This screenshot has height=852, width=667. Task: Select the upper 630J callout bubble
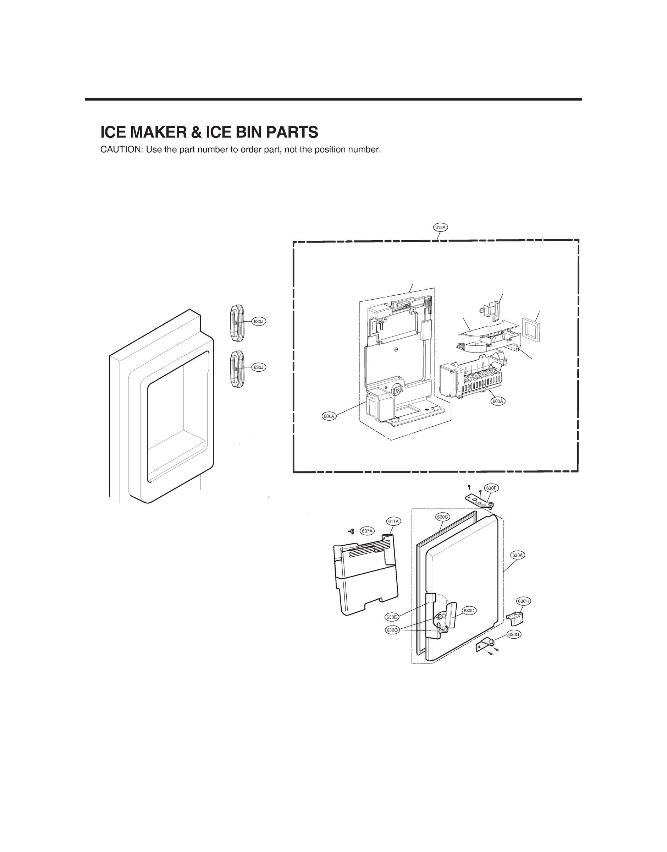259,322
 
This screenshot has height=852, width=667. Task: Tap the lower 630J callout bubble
259,367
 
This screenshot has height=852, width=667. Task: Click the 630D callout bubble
469,610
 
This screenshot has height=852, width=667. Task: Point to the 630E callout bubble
391,617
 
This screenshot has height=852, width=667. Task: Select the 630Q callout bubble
392,630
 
